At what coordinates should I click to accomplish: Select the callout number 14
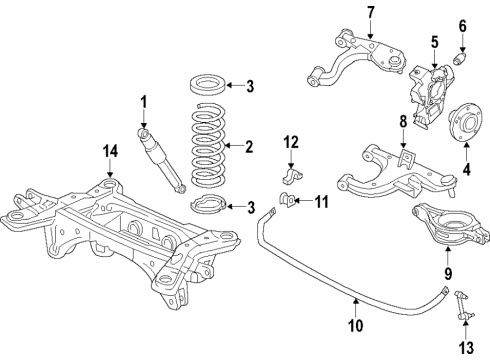[x=109, y=151]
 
